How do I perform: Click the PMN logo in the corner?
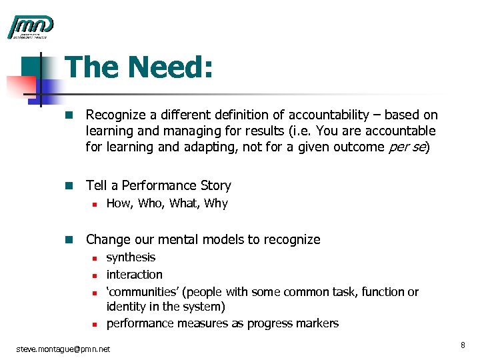tap(31, 27)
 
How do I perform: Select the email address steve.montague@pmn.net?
tap(63, 348)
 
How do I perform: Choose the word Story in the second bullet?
tap(213, 185)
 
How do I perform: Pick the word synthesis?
tap(131, 257)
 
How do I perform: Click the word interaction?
tap(134, 275)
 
